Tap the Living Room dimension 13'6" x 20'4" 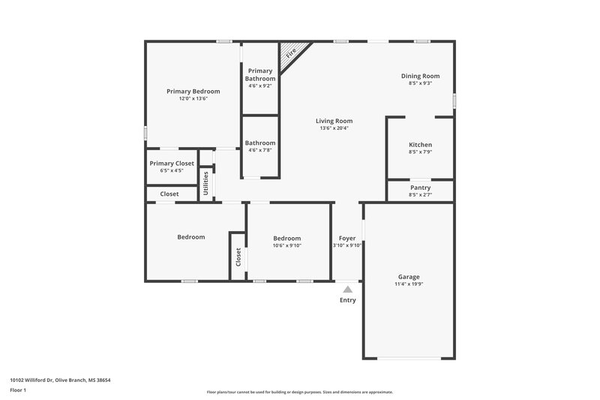pos(334,128)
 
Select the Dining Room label pos(420,76)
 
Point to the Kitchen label pos(420,145)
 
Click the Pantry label pos(420,188)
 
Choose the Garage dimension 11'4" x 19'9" pos(409,284)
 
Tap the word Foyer pos(347,238)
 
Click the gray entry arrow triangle pos(347,288)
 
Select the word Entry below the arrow pos(348,300)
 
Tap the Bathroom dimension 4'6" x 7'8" pos(260,150)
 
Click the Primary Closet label pos(172,164)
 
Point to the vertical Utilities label pos(206,183)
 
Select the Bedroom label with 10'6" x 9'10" pos(286,238)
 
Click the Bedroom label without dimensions pos(190,237)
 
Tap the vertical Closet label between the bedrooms pos(238,257)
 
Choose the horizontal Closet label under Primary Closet pos(169,194)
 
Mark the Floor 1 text pos(18,391)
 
